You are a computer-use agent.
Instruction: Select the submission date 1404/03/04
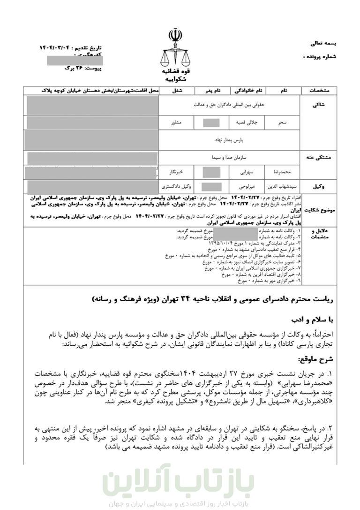click(56, 48)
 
